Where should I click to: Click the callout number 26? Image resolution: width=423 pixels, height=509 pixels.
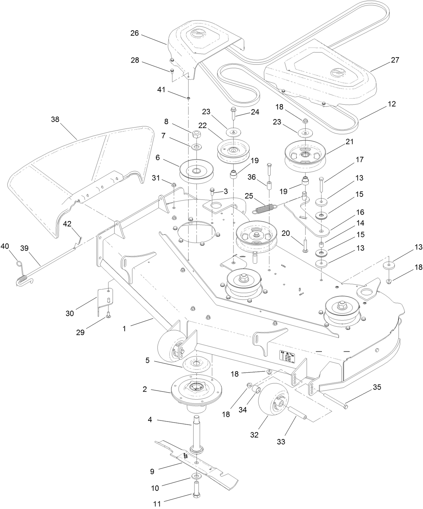pyautogui.click(x=135, y=33)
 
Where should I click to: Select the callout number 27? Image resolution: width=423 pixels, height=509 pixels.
pyautogui.click(x=395, y=60)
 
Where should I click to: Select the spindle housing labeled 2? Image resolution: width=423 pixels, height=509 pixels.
pyautogui.click(x=195, y=392)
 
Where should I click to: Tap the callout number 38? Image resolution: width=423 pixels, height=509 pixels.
pyautogui.click(x=55, y=119)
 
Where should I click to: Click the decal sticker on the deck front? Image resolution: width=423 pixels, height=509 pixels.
pyautogui.click(x=287, y=357)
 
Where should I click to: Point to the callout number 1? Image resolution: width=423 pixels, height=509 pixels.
pyautogui.click(x=124, y=328)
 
